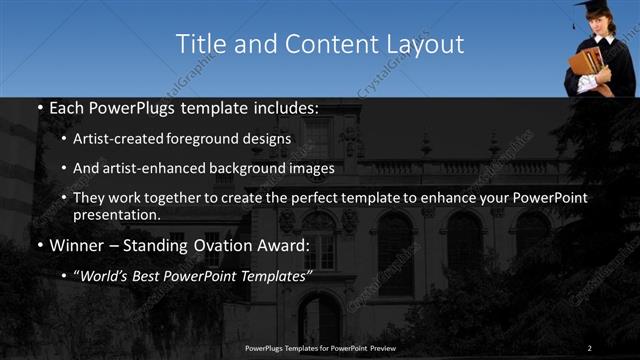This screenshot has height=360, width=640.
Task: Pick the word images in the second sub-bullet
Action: tap(313, 168)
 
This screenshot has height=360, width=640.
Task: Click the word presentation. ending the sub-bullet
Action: tap(117, 214)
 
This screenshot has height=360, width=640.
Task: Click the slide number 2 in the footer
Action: tap(590, 347)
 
